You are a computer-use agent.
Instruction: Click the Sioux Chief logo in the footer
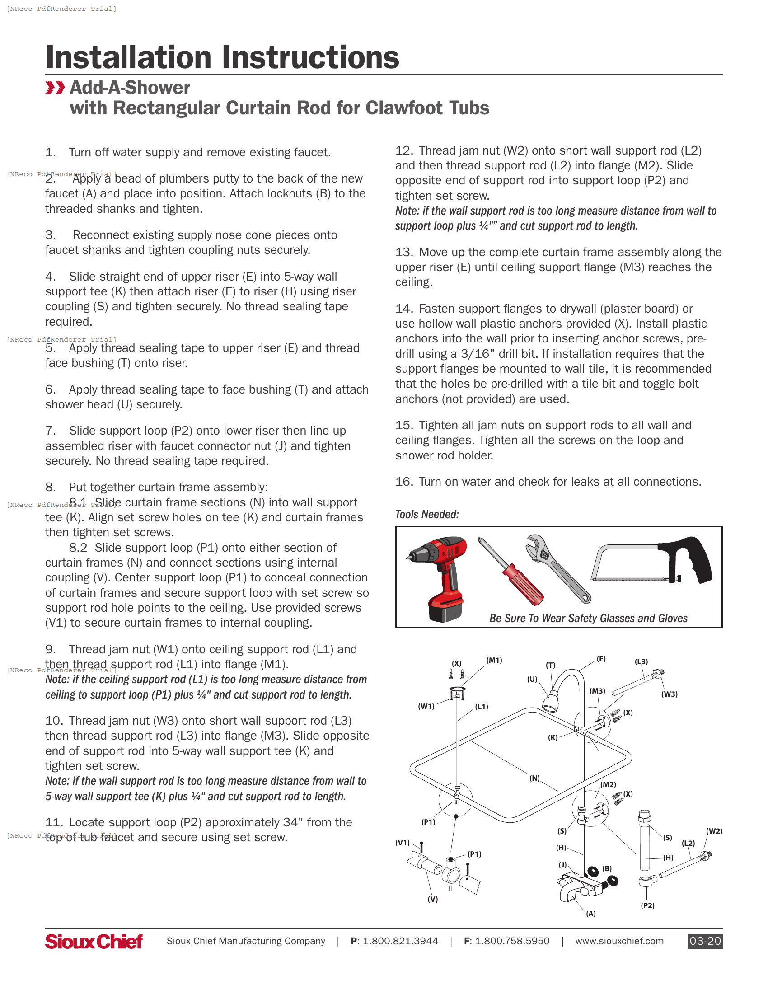(94, 941)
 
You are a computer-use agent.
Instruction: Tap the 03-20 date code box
(705, 941)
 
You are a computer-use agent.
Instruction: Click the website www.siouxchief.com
(619, 941)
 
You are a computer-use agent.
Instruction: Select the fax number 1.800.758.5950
(512, 941)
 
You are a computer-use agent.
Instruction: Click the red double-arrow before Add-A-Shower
(55, 87)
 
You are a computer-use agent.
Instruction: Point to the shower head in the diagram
(551, 701)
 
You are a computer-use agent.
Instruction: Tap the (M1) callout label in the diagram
(494, 660)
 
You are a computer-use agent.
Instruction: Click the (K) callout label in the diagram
(553, 737)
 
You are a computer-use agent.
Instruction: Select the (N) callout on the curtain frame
(534, 778)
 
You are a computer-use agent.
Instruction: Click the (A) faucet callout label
(590, 914)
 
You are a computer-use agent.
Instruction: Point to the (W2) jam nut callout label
(714, 830)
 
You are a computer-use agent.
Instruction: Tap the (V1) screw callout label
(402, 843)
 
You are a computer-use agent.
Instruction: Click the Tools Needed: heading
(427, 514)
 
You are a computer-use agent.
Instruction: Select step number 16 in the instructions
(403, 482)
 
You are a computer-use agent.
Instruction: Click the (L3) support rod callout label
(641, 661)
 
